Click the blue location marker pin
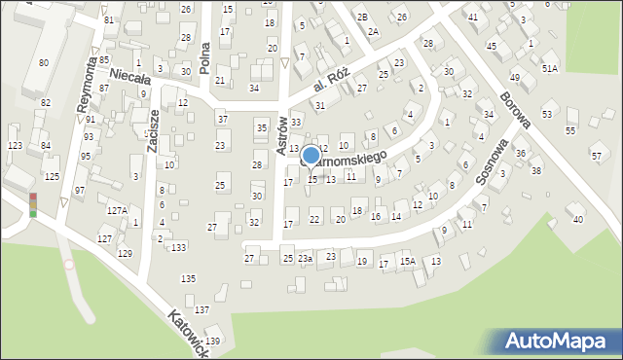(311, 156)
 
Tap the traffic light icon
(32, 204)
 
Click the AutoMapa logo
(557, 342)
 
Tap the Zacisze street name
(152, 130)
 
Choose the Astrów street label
(282, 134)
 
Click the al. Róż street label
(331, 91)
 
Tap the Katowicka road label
(188, 334)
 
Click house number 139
(213, 341)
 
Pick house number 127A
(117, 210)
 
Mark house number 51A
(550, 68)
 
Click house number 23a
(306, 258)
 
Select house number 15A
(407, 261)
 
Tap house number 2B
(362, 18)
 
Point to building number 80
(44, 63)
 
